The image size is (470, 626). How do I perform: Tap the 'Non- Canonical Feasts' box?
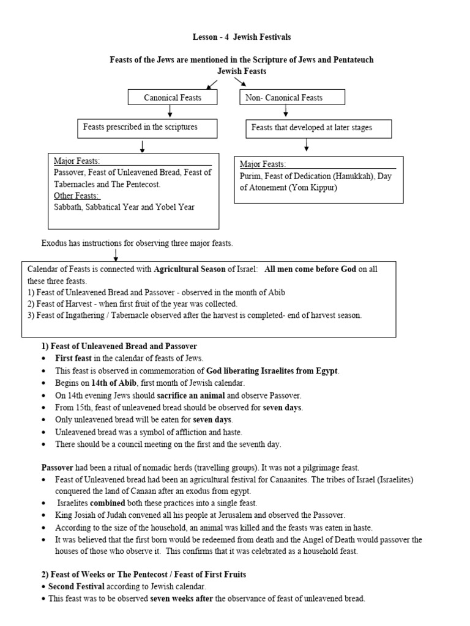pyautogui.click(x=293, y=97)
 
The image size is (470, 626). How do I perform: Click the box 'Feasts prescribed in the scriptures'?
pyautogui.click(x=141, y=128)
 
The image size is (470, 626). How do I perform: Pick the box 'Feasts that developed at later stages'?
pyautogui.click(x=318, y=128)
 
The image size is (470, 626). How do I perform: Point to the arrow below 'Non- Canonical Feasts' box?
pyautogui.click(x=286, y=111)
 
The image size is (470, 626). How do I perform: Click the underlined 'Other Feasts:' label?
pyautogui.click(x=76, y=196)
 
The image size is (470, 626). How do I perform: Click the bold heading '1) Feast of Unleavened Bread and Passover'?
pyautogui.click(x=119, y=347)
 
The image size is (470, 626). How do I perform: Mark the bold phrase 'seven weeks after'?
pyautogui.click(x=181, y=599)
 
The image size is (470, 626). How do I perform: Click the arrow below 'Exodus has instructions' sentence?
pyautogui.click(x=115, y=254)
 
